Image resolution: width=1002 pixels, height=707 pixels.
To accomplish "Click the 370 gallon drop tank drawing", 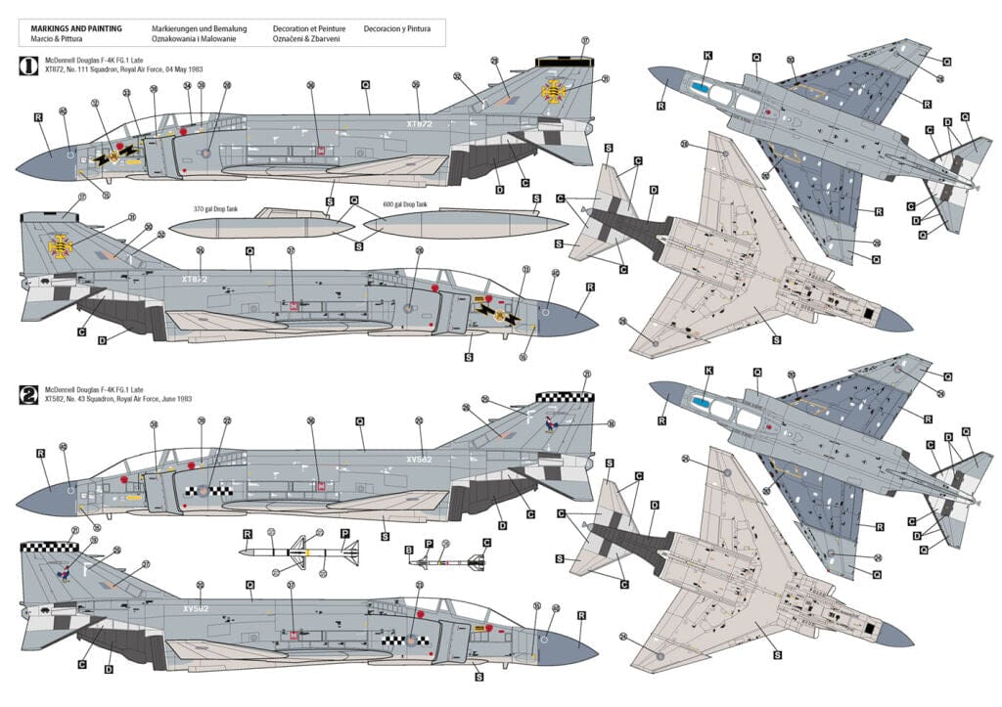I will click(260, 227).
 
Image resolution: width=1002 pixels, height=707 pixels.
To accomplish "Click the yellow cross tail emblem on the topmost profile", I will click(556, 93).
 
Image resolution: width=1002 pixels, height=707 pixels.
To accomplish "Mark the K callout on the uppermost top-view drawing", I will click(707, 57).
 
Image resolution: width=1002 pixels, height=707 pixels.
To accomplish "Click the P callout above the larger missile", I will click(344, 534).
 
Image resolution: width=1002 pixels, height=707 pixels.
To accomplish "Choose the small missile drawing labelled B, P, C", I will click(445, 562).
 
